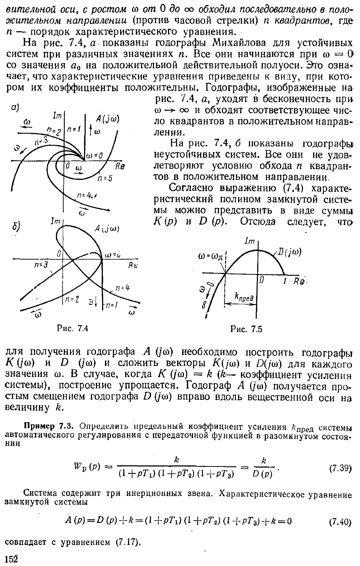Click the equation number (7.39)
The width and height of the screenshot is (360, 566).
coord(341,468)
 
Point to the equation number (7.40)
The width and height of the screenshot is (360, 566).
coord(341,522)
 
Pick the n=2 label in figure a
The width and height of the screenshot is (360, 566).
coord(54,131)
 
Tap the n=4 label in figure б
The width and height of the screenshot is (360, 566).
coord(122,288)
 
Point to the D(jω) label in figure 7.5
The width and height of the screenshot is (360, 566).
coord(290,252)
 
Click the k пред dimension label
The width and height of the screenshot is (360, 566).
coord(245,297)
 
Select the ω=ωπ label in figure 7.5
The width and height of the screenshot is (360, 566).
coord(212,258)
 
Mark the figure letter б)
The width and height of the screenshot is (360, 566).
coord(15,227)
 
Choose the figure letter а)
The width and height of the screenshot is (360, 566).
coord(15,107)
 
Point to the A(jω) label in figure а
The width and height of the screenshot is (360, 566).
coord(107,120)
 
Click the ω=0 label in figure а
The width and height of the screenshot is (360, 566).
coord(95,155)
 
